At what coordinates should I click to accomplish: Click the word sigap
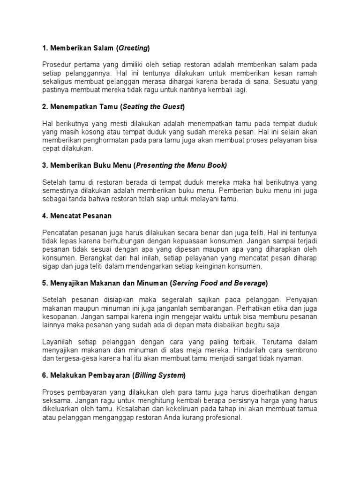pyautogui.click(x=51, y=266)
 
